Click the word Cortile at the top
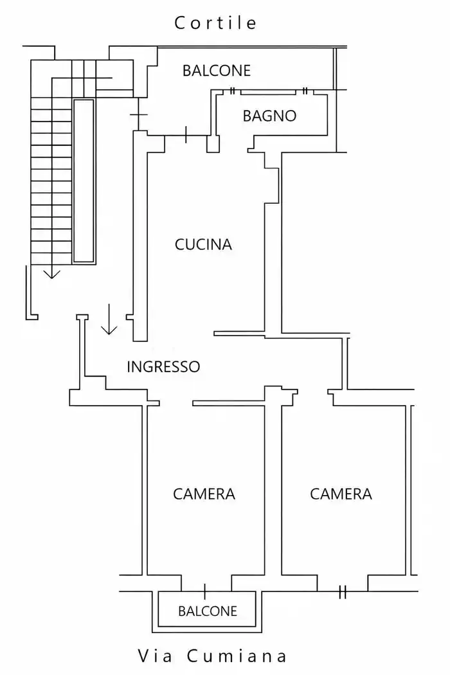pyautogui.click(x=215, y=22)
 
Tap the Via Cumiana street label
pyautogui.click(x=212, y=656)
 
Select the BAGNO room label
pyautogui.click(x=269, y=116)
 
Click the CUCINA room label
pyautogui.click(x=203, y=244)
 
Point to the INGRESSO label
pyautogui.click(x=163, y=367)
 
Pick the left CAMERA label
pyautogui.click(x=204, y=494)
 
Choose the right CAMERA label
pyautogui.click(x=341, y=494)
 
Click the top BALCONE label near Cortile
pyautogui.click(x=217, y=71)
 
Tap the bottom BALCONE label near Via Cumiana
pyautogui.click(x=208, y=611)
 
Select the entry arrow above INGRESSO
pyautogui.click(x=109, y=319)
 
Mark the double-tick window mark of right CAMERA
pyautogui.click(x=343, y=592)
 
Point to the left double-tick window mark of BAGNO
pyautogui.click(x=233, y=91)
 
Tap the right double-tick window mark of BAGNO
pyautogui.click(x=305, y=91)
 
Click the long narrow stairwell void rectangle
pyautogui.click(x=84, y=181)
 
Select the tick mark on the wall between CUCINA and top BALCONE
pyautogui.click(x=186, y=135)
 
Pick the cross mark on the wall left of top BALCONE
pyautogui.click(x=138, y=114)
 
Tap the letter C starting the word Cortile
pyautogui.click(x=179, y=23)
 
